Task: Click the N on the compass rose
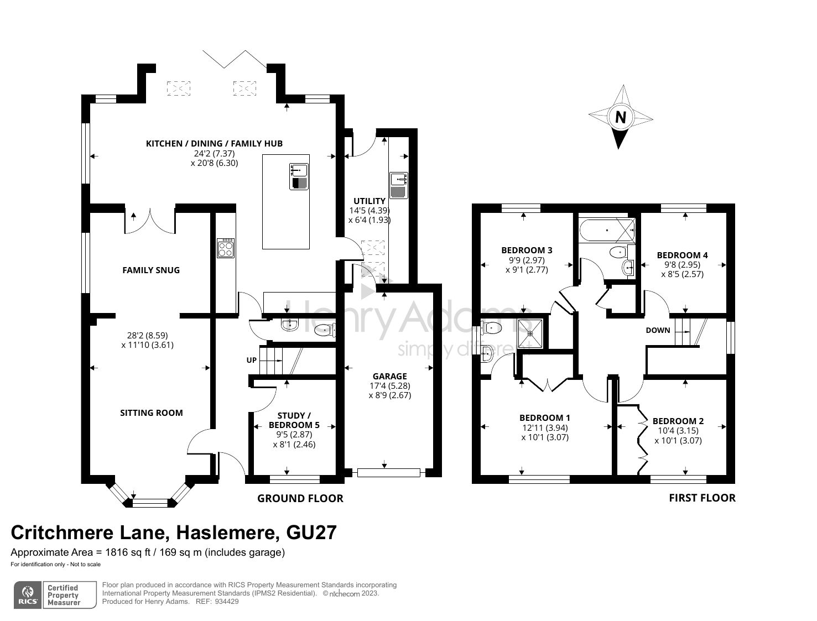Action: tap(621, 117)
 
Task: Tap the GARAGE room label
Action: tap(389, 376)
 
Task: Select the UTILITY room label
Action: tap(370, 201)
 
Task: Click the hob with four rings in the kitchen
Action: tap(226, 248)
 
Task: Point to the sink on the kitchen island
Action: tap(299, 176)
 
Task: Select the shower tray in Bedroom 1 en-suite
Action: tap(532, 333)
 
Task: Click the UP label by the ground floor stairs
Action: tap(252, 360)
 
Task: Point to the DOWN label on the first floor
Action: tap(658, 330)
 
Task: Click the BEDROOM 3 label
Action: tap(527, 250)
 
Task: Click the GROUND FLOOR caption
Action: tap(300, 498)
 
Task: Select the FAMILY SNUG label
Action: tap(151, 270)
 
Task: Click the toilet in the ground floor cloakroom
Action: tap(324, 330)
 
